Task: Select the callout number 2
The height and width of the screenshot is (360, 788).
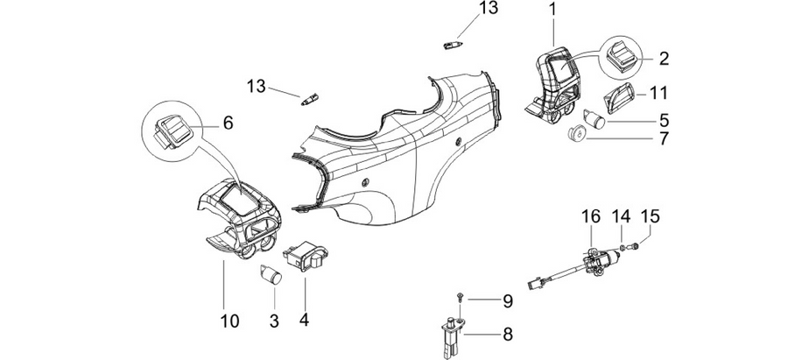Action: [x=664, y=59]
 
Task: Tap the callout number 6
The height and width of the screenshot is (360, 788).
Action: [x=228, y=123]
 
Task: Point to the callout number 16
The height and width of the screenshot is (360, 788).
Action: [x=591, y=216]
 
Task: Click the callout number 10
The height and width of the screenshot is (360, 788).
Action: [x=229, y=321]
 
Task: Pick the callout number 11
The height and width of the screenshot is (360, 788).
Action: [x=658, y=93]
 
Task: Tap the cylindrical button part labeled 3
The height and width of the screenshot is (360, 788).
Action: [x=271, y=274]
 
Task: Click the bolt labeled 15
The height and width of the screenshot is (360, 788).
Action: [x=635, y=246]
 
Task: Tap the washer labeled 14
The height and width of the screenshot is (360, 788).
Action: [x=623, y=247]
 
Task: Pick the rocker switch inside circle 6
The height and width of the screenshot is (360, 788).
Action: [x=172, y=131]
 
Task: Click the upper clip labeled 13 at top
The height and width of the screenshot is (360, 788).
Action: [x=453, y=46]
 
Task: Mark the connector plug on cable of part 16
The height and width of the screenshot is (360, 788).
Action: [x=533, y=285]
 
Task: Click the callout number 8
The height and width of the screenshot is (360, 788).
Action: [x=507, y=335]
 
